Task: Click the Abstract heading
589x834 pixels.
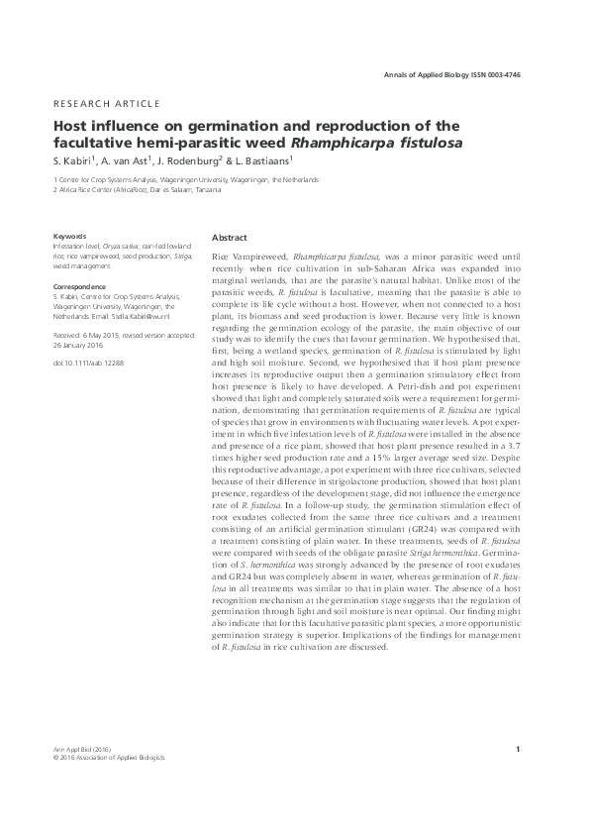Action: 231,239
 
